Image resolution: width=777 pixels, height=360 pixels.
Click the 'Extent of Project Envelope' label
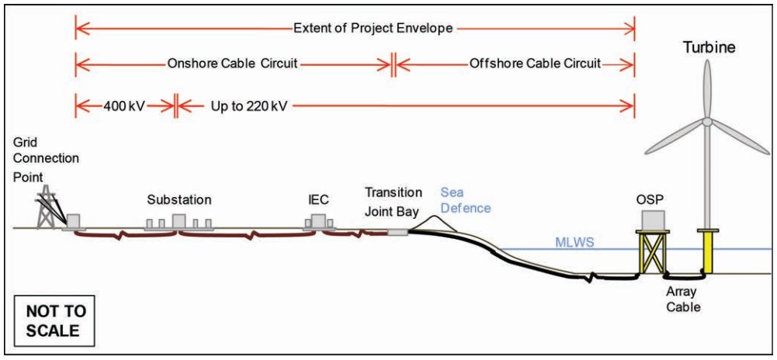373,29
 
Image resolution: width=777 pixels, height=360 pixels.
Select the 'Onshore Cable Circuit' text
232,64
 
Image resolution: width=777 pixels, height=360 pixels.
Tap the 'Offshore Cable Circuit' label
535,64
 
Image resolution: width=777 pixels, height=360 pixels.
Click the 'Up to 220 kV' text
249,105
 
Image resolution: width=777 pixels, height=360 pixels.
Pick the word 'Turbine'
709,48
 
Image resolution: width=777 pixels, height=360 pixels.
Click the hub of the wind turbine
708,122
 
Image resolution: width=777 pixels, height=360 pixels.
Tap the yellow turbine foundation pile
707,252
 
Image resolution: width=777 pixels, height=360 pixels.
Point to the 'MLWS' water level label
574,243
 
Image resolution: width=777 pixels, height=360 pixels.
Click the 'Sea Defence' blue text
466,200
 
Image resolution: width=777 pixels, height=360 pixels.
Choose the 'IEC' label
318,200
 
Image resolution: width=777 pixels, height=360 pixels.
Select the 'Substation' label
179,200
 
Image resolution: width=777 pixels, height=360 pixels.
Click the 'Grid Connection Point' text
46,159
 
